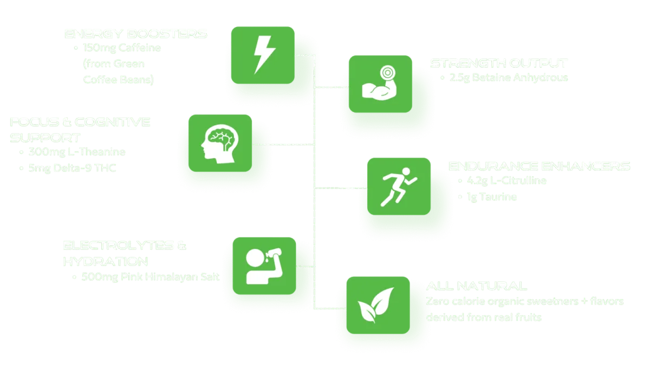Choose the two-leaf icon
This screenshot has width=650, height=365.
click(375, 305)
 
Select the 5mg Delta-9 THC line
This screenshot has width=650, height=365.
click(73, 168)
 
